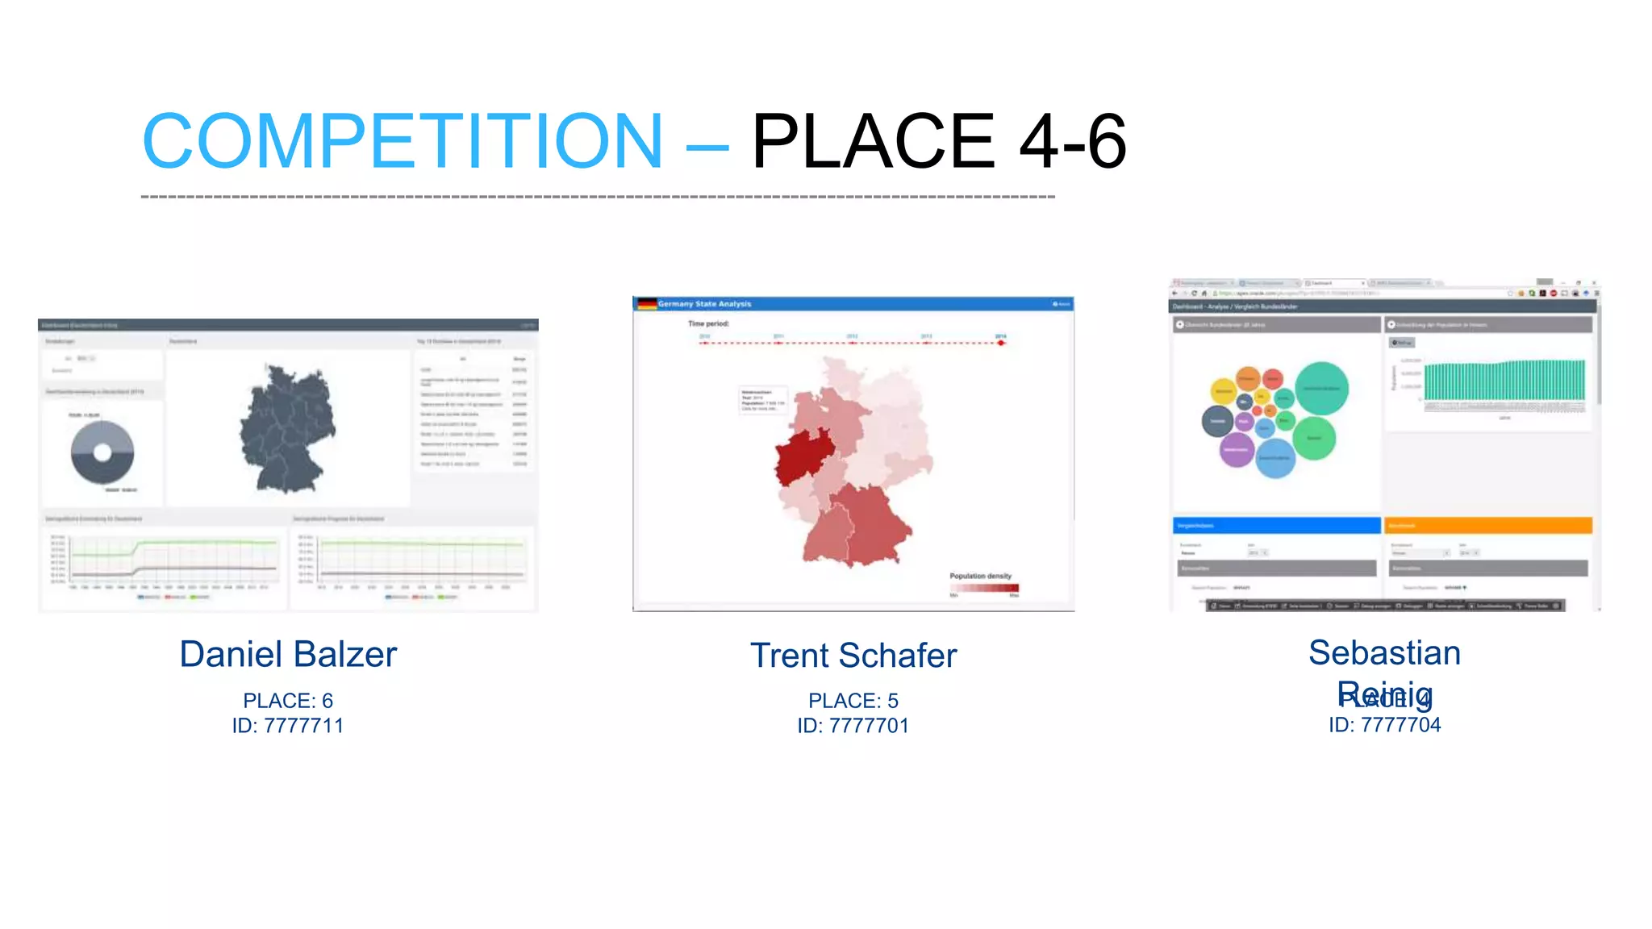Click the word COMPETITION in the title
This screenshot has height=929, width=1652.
[x=402, y=142]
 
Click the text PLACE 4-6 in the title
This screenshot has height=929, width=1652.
[x=938, y=142]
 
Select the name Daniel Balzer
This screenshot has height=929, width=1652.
[x=288, y=654]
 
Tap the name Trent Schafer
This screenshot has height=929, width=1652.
[x=853, y=656]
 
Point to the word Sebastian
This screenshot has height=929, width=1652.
[x=1384, y=652]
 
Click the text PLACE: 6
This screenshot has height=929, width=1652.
[x=288, y=701]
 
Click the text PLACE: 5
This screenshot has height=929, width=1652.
[x=853, y=701]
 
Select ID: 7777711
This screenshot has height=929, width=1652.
[x=288, y=726]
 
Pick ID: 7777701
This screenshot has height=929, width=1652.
[x=853, y=726]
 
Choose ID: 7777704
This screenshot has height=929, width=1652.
[x=1384, y=725]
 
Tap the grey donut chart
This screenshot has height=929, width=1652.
[x=102, y=452]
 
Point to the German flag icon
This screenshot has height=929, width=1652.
[x=646, y=304]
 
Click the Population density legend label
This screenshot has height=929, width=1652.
[x=980, y=576]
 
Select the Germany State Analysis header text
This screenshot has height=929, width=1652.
[x=704, y=304]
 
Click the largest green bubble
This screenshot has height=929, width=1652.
[x=1320, y=389]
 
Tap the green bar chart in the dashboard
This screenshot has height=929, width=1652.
[x=1504, y=381]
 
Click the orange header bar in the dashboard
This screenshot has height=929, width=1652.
[x=1487, y=526]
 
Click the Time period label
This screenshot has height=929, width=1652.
[x=708, y=323]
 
